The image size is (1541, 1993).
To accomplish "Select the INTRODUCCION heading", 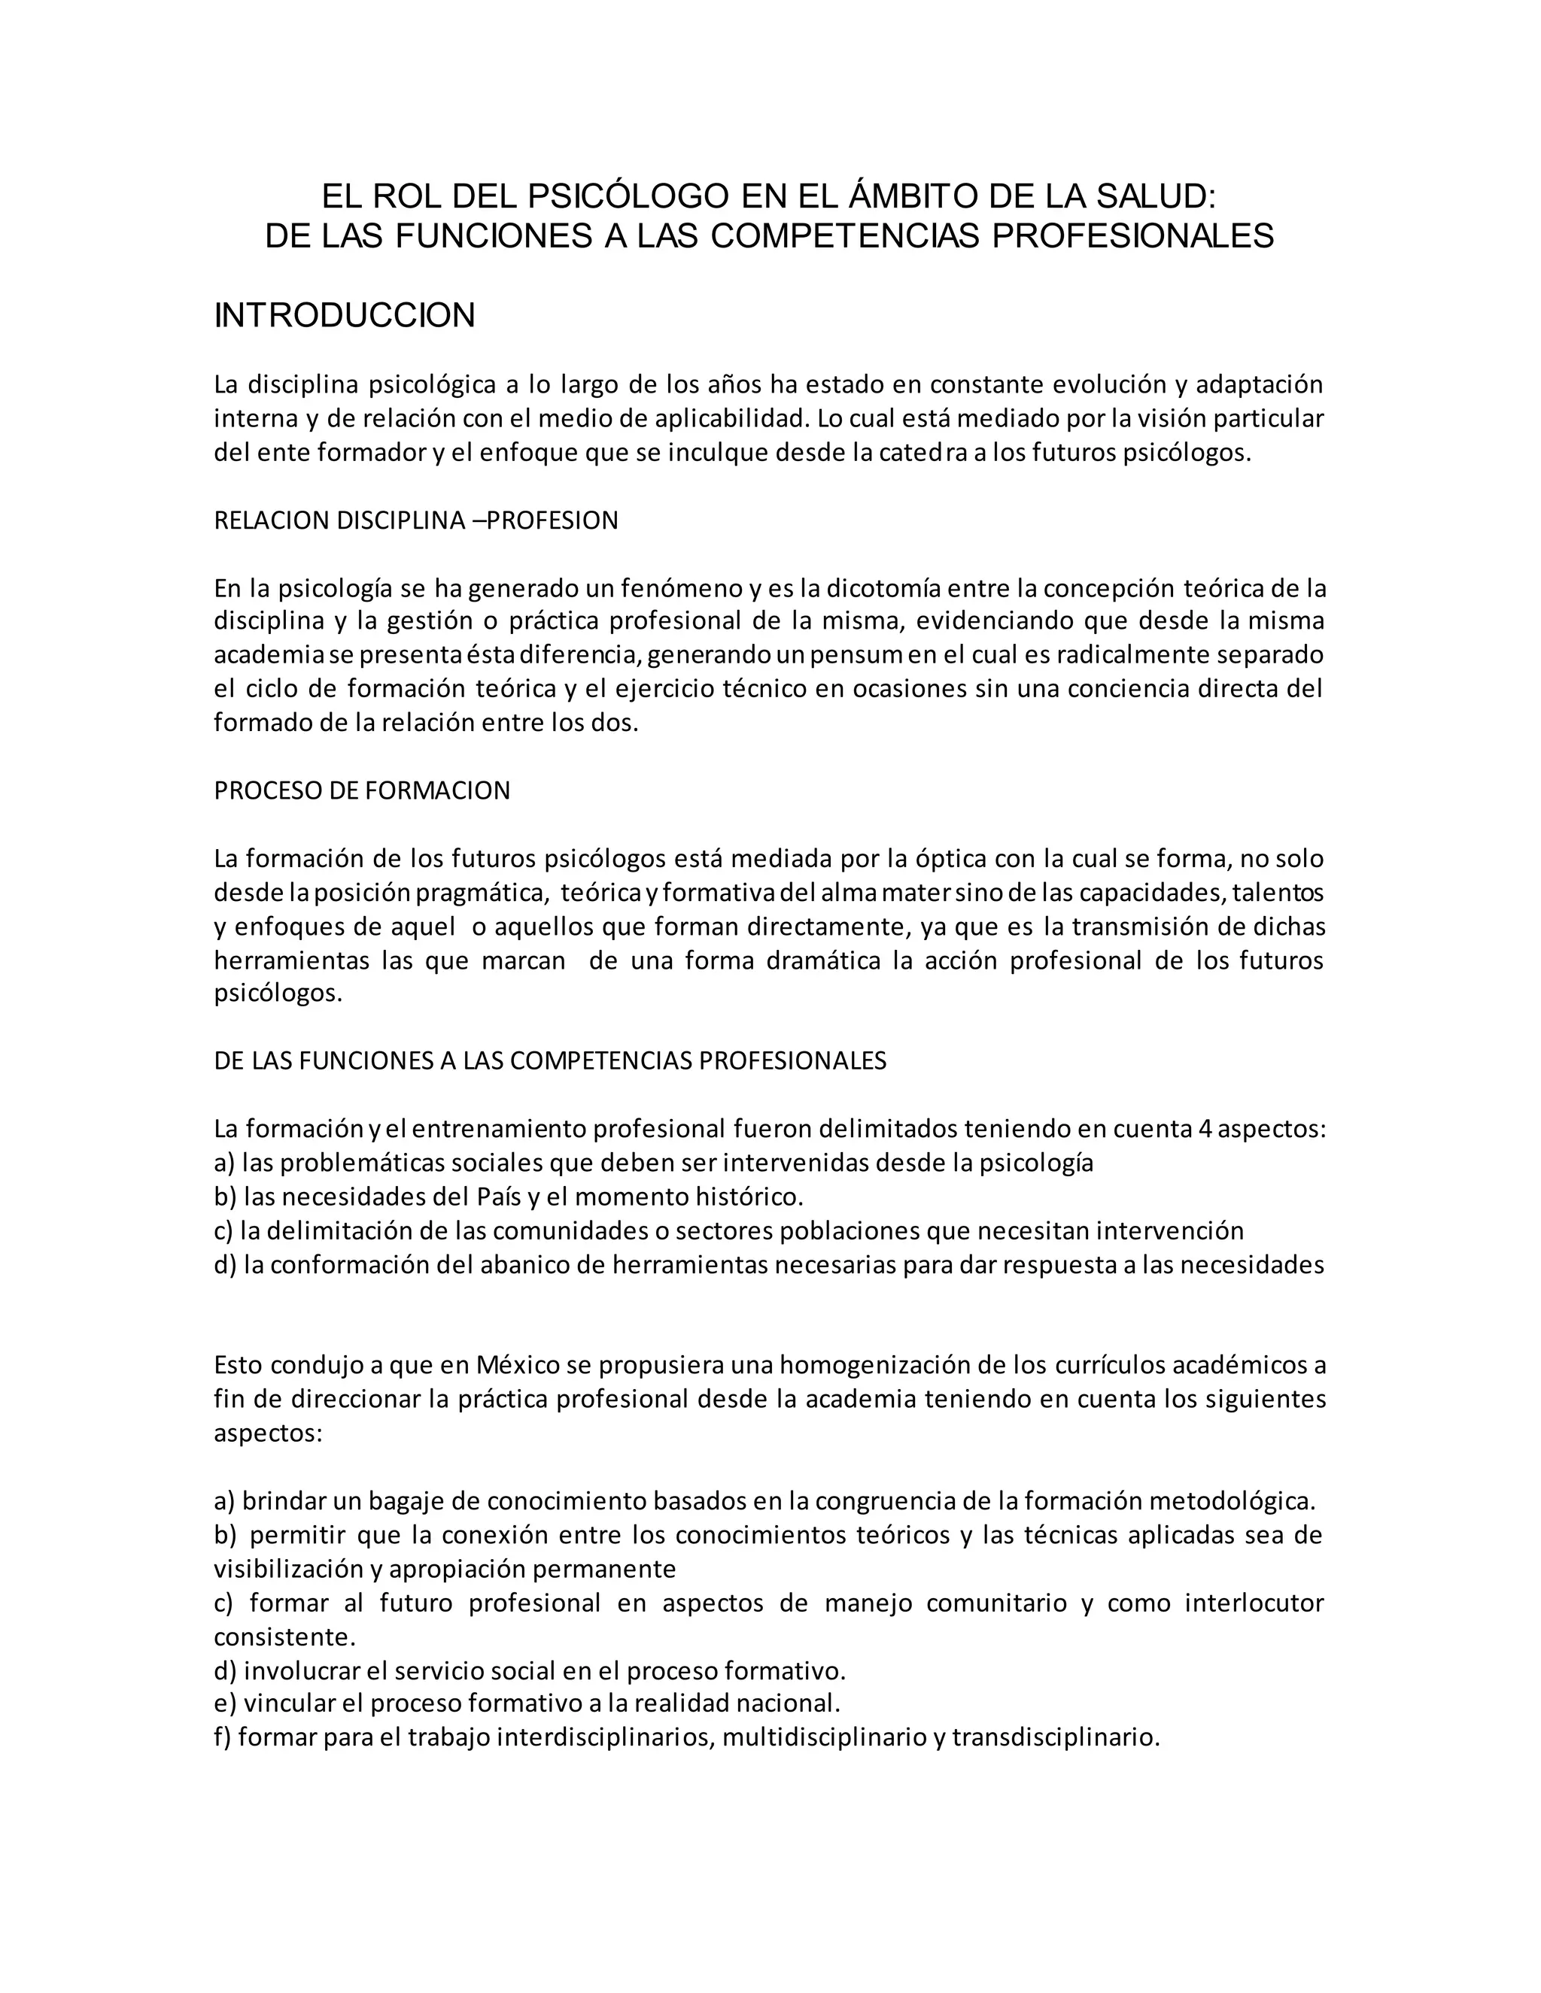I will (x=344, y=316).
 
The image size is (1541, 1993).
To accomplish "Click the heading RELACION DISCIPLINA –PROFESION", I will (x=415, y=520).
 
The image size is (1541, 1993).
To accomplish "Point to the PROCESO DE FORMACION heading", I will (x=361, y=790).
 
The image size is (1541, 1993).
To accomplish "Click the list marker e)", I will (x=226, y=1703).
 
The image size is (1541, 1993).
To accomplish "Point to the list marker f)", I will (x=223, y=1737).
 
